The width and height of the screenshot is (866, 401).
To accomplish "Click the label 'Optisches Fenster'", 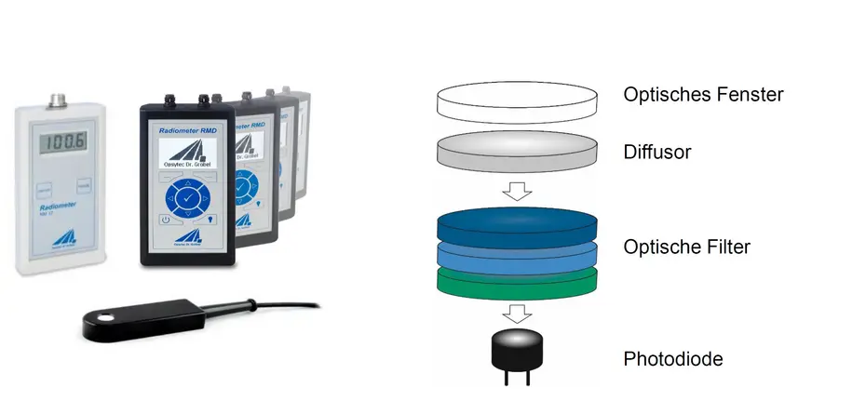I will (x=703, y=95).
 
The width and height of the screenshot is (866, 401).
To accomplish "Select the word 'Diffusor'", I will (x=657, y=152).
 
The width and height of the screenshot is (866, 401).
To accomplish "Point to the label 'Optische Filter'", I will (x=687, y=247).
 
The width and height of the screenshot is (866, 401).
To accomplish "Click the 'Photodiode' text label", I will (x=673, y=358).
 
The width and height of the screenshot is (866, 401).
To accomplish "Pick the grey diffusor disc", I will (x=519, y=151).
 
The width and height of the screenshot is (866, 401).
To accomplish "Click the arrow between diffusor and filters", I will (x=519, y=191).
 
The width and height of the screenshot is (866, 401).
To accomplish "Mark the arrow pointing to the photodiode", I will (x=519, y=313).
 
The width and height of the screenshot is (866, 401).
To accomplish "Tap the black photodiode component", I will (x=519, y=352).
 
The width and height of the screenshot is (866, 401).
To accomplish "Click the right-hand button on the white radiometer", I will (x=84, y=186).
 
